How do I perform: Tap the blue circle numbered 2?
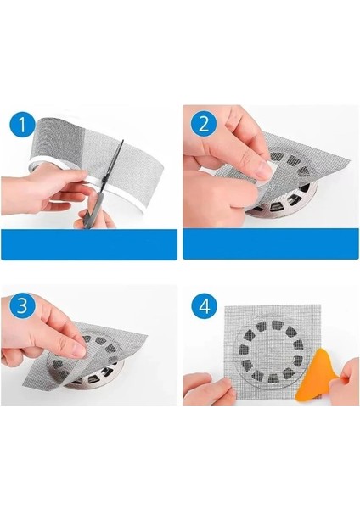[202, 126]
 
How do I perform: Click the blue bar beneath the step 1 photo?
[89, 248]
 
